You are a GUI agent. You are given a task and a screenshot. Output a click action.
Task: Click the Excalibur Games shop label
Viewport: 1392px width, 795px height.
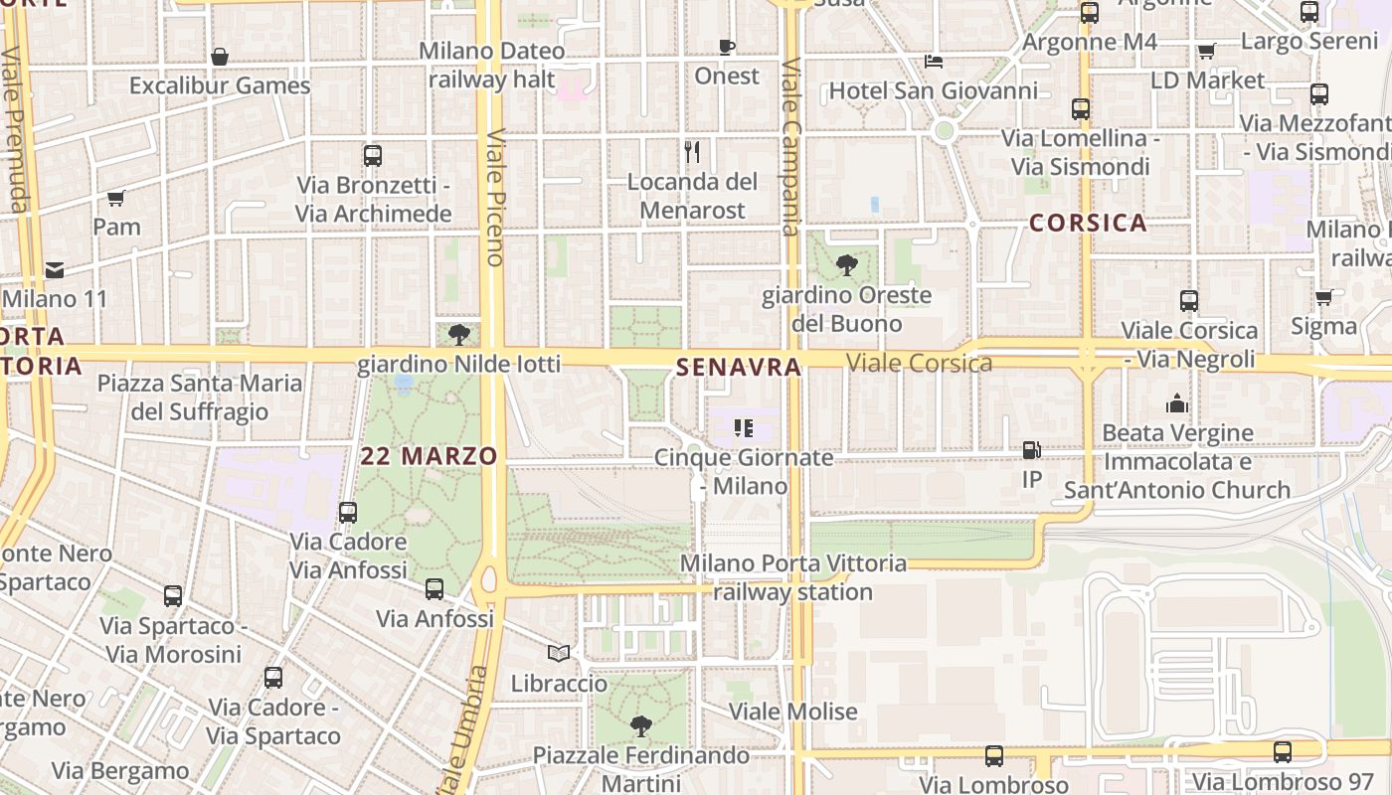click(x=220, y=85)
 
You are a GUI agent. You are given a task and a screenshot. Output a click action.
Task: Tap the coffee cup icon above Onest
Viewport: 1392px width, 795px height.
click(x=727, y=47)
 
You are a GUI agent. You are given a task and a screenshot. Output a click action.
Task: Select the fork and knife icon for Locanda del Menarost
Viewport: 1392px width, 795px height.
click(x=693, y=152)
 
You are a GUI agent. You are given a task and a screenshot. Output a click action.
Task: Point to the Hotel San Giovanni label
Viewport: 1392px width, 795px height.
click(x=933, y=91)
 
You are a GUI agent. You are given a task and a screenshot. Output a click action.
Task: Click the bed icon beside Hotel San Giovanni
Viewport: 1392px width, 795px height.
click(x=933, y=61)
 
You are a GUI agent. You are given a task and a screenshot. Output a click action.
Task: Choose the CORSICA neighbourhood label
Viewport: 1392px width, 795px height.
click(x=1088, y=223)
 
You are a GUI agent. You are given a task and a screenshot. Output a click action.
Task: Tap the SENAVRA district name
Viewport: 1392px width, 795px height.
click(x=739, y=367)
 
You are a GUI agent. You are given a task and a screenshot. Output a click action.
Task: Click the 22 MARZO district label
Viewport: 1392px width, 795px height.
click(x=429, y=456)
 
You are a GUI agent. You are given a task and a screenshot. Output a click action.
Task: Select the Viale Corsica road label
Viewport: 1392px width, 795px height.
click(x=919, y=363)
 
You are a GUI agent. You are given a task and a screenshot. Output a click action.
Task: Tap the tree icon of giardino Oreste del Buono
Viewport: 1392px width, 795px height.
click(x=847, y=264)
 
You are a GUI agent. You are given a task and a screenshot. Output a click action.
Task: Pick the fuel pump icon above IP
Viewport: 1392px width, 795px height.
click(x=1032, y=450)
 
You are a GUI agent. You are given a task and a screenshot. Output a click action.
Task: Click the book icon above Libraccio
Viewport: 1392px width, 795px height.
click(x=559, y=654)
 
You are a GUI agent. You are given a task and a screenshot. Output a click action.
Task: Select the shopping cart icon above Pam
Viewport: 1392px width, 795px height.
click(x=116, y=198)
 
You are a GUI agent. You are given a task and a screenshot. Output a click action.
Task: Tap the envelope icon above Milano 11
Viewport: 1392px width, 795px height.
click(x=54, y=269)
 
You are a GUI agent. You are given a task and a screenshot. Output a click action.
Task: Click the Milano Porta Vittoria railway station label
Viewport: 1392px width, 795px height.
click(x=793, y=577)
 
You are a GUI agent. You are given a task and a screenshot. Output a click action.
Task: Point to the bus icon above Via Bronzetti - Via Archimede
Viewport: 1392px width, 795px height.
click(x=373, y=156)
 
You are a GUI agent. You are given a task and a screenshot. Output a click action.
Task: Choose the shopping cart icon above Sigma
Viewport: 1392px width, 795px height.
click(x=1323, y=297)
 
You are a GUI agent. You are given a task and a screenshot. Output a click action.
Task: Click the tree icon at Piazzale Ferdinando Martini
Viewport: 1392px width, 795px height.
click(x=641, y=726)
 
